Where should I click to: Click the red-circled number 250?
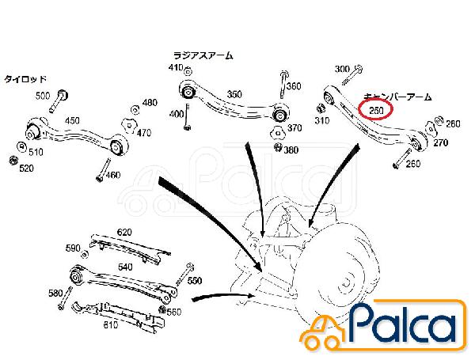coord(375,110)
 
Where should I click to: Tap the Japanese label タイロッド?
coord(26,79)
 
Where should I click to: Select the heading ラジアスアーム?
coord(203,55)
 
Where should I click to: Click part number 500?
coord(42,96)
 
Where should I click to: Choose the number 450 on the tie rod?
coord(72,121)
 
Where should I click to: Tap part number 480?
coord(149,104)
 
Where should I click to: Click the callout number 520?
coord(26,168)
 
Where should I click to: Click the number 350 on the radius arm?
coord(234,94)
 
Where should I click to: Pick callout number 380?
coord(291,150)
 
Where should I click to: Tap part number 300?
coord(342,70)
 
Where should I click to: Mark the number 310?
coord(321,121)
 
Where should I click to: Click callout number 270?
coord(441,144)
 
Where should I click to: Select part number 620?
coord(124,233)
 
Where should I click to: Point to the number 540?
coord(125,268)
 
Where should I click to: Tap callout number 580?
coord(55,294)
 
